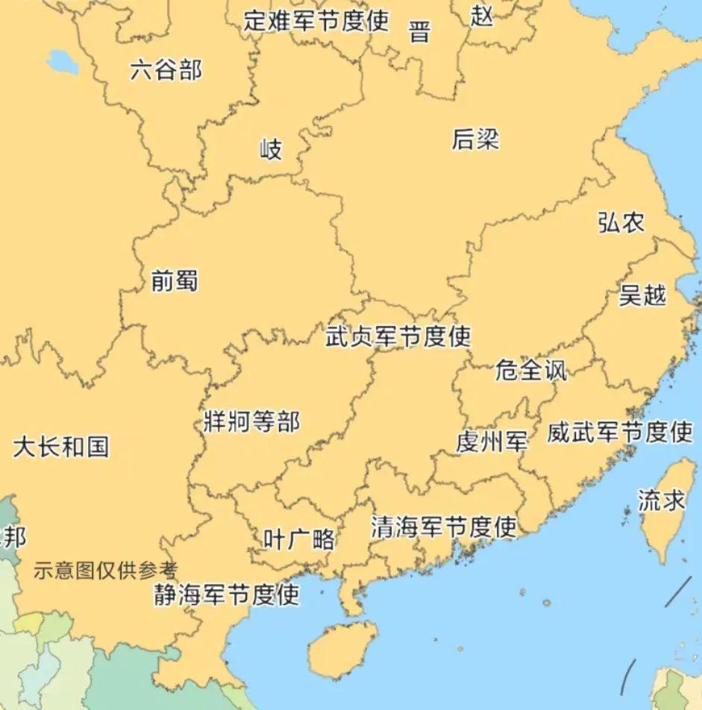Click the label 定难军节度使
(316, 20)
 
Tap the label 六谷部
(166, 71)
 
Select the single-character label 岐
(271, 149)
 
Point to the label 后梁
(475, 139)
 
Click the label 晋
(420, 32)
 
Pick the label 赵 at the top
(483, 15)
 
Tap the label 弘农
(621, 222)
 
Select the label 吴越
(642, 295)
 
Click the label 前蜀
(174, 280)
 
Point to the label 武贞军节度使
(398, 336)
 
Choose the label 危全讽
(531, 370)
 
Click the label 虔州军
(492, 442)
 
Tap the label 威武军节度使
(620, 432)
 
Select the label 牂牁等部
(251, 421)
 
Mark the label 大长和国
(61, 447)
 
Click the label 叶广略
(299, 539)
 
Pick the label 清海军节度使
(444, 527)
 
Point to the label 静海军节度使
(227, 594)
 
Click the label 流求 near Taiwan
(661, 500)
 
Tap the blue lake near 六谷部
(62, 63)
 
